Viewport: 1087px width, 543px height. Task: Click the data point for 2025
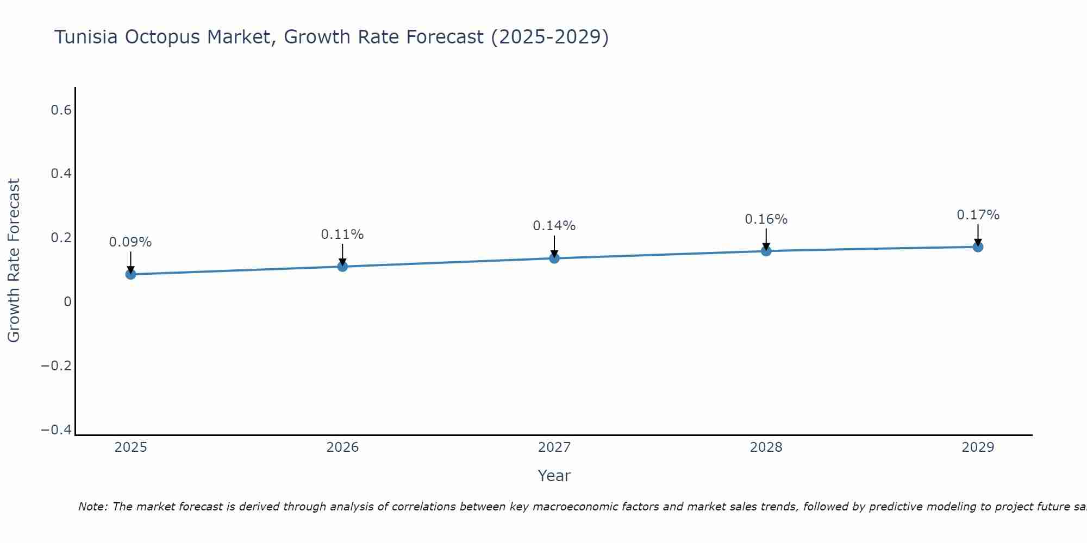pyautogui.click(x=130, y=274)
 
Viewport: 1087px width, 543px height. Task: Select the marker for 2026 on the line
pyautogui.click(x=342, y=266)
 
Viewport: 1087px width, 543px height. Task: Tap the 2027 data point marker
pyautogui.click(x=554, y=258)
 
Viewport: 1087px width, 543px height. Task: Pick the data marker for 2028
pyautogui.click(x=766, y=251)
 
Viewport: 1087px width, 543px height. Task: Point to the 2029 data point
pyautogui.click(x=978, y=247)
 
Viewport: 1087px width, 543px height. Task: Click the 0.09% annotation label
pyautogui.click(x=130, y=242)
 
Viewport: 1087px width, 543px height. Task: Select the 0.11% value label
pyautogui.click(x=342, y=235)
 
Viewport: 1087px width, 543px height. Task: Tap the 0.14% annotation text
pyautogui.click(x=554, y=226)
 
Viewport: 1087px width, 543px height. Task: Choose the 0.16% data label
pyautogui.click(x=766, y=219)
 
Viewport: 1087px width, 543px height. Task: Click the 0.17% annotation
pyautogui.click(x=978, y=215)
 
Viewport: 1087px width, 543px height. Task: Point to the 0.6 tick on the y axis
pyautogui.click(x=61, y=110)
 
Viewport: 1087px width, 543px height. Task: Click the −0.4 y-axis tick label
pyautogui.click(x=57, y=430)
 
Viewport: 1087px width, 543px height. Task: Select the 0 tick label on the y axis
pyautogui.click(x=67, y=302)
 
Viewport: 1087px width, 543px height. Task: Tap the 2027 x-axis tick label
pyautogui.click(x=554, y=447)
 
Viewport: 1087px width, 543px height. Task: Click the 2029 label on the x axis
pyautogui.click(x=978, y=447)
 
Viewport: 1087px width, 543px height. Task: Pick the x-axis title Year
pyautogui.click(x=554, y=476)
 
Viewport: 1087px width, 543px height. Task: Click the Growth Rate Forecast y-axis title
pyautogui.click(x=14, y=261)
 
